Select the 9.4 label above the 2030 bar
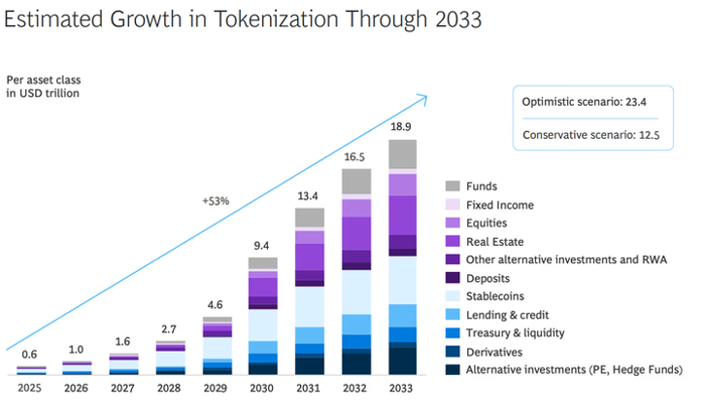(x=262, y=246)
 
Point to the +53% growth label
(x=215, y=202)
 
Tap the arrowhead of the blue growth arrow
(x=422, y=97)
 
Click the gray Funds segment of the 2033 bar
(x=402, y=154)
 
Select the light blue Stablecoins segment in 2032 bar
(x=355, y=292)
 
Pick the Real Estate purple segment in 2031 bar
(x=309, y=257)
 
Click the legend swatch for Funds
(x=453, y=187)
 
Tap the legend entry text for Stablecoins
(x=499, y=296)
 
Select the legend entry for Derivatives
(x=495, y=351)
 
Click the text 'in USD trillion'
(x=43, y=94)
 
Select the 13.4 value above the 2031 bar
(x=309, y=195)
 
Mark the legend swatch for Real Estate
(x=453, y=241)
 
